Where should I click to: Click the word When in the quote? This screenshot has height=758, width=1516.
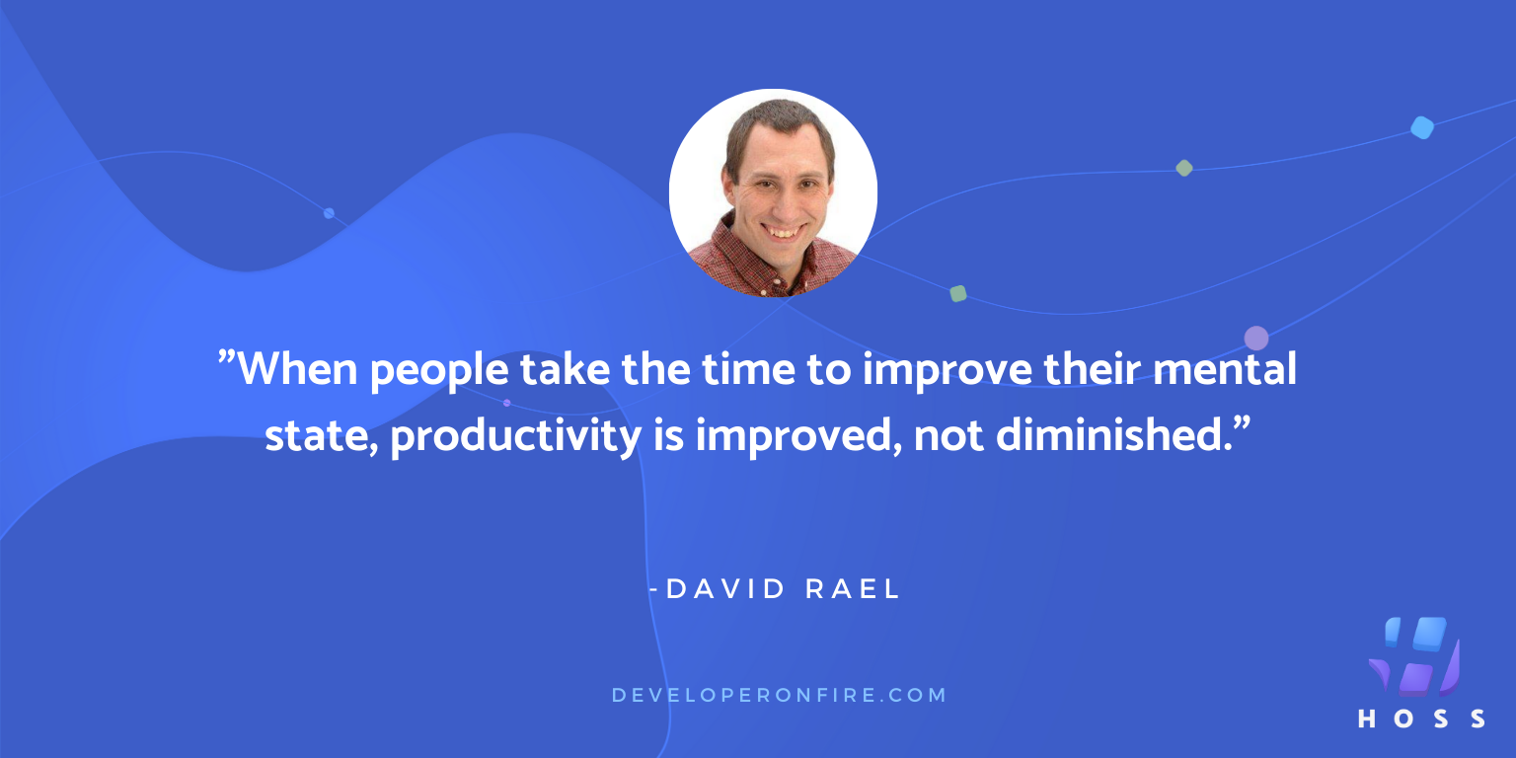pos(298,369)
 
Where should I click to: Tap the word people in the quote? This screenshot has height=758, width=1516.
pos(439,372)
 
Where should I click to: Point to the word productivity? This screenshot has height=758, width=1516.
pos(516,436)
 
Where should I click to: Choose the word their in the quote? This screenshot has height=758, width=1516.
pos(1091,369)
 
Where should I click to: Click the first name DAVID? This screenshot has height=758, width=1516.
pos(724,589)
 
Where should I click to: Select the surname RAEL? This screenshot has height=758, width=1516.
pos(852,589)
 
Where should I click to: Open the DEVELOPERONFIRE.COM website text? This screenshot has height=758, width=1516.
pos(779,695)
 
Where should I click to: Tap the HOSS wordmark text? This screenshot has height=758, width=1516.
pos(1421,719)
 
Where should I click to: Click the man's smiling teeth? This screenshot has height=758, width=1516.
pos(783,233)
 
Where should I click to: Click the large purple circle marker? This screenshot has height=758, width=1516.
pos(1256,339)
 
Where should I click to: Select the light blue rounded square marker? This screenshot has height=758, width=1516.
pos(1422,127)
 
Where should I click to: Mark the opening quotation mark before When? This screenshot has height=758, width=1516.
pos(227,356)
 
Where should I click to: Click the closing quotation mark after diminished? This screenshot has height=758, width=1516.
pos(1242,423)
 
